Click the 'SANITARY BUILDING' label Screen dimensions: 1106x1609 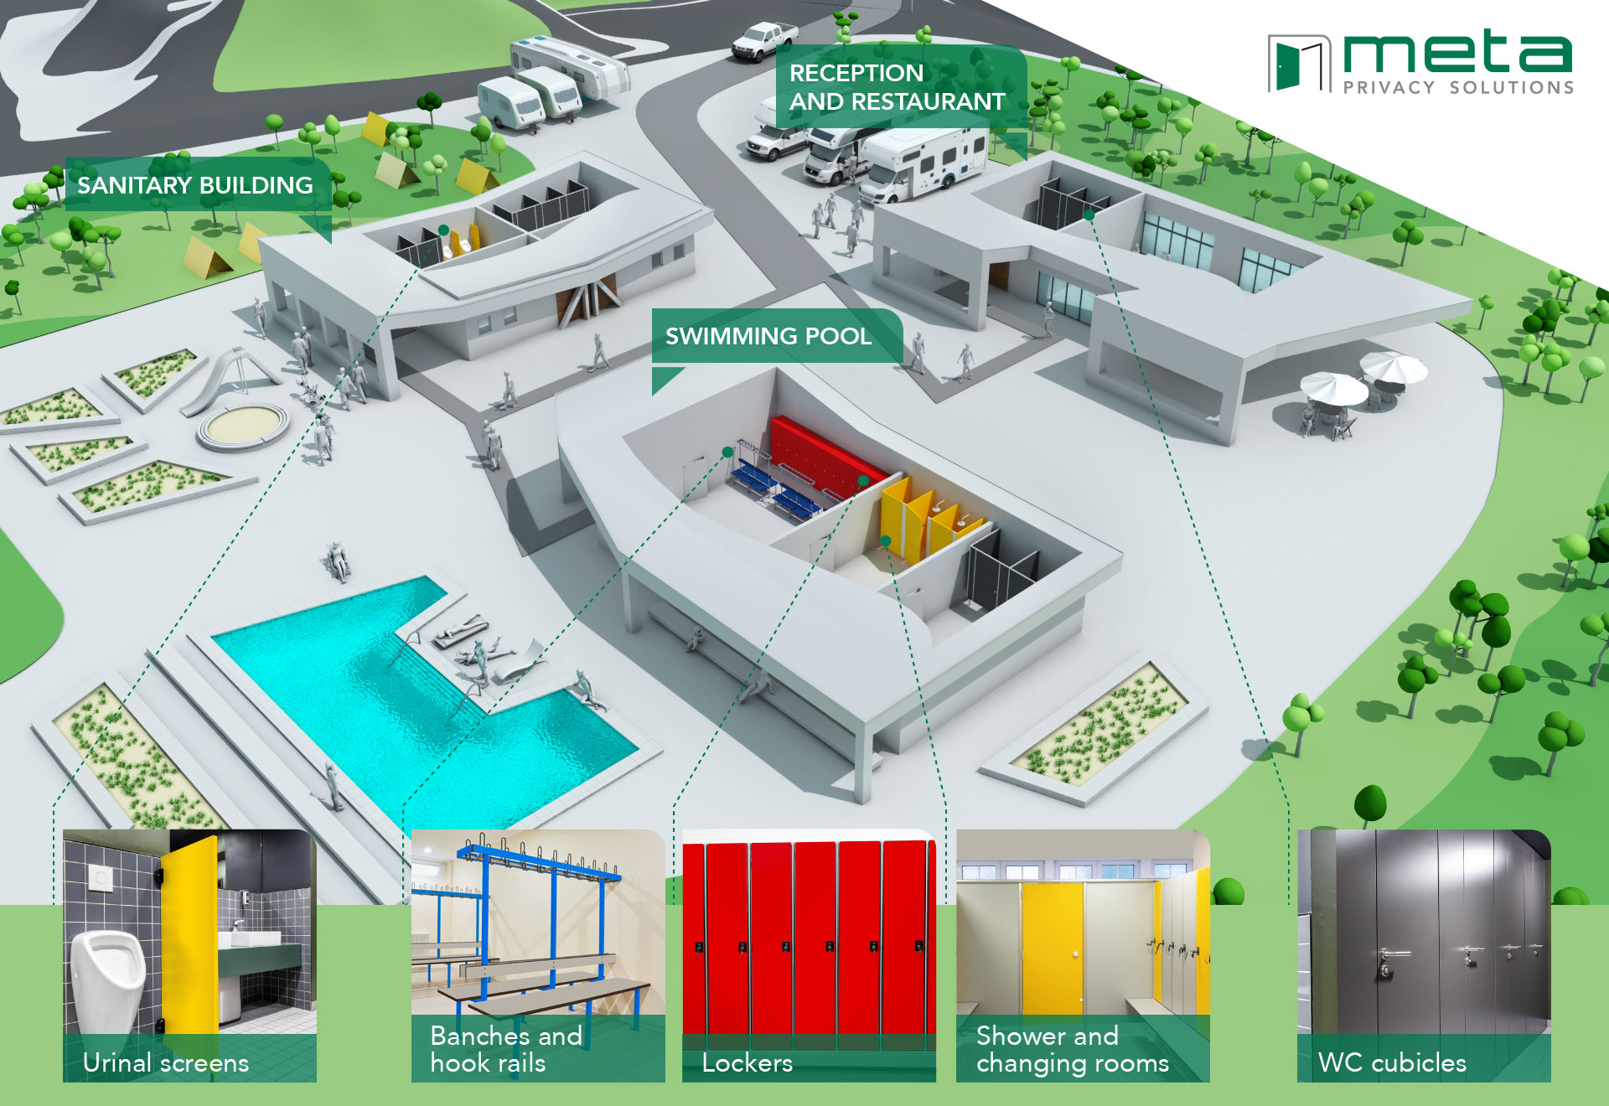194,185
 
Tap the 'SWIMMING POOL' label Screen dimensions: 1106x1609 768,336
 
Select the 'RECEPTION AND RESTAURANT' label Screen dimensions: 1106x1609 897,87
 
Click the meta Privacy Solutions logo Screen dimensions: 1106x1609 1420,64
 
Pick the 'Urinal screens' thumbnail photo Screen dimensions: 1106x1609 189,938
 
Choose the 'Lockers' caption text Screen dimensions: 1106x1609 747,1063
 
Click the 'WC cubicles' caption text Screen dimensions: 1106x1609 1392,1063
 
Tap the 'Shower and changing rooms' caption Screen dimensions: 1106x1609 1072,1050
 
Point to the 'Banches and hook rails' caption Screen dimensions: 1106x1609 506,1050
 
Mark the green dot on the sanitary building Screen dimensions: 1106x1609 443,230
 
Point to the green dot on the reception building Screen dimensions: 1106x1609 1089,215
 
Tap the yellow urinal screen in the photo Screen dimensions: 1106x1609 189,930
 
